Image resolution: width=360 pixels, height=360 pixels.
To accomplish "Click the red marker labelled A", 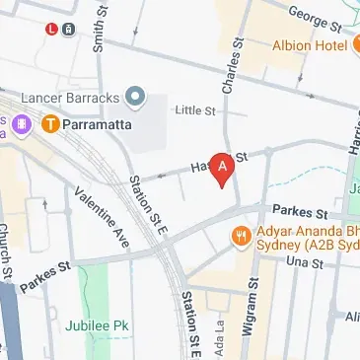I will coord(225,169).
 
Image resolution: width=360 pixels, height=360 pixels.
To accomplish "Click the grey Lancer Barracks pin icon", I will coord(136,97).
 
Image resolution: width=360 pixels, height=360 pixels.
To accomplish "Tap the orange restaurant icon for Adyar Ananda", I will coord(240,236).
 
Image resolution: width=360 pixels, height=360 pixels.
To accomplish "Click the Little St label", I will coord(194,111).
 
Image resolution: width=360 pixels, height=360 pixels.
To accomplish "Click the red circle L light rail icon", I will coord(51,29).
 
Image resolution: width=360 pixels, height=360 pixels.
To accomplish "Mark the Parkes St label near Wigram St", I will coord(300,212).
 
